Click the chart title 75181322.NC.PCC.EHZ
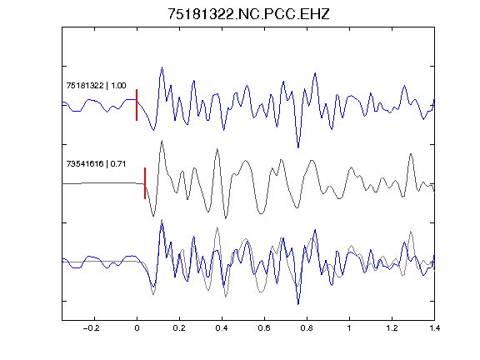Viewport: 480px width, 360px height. pyautogui.click(x=248, y=14)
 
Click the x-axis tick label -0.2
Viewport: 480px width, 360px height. pyautogui.click(x=91, y=328)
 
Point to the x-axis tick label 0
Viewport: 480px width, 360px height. pyautogui.click(x=137, y=328)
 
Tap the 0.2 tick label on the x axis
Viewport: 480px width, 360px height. pyautogui.click(x=179, y=328)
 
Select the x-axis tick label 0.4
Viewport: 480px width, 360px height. pyautogui.click(x=222, y=328)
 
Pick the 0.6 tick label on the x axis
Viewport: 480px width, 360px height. pyautogui.click(x=264, y=328)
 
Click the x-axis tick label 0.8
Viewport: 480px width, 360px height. pyautogui.click(x=307, y=328)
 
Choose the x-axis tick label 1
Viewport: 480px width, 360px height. pyautogui.click(x=349, y=328)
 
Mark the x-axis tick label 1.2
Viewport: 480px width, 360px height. pyautogui.click(x=392, y=328)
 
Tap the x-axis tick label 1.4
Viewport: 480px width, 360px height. pyautogui.click(x=434, y=328)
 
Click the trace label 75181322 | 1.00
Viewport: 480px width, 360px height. pyautogui.click(x=96, y=85)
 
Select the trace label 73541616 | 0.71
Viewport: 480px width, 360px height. pyautogui.click(x=96, y=164)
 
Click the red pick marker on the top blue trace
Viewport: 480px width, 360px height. pyautogui.click(x=137, y=105)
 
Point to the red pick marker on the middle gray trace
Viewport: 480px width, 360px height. pyautogui.click(x=145, y=183)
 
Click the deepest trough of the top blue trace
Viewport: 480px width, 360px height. pyautogui.click(x=298, y=147)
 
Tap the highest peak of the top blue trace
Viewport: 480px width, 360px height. pyautogui.click(x=162, y=67)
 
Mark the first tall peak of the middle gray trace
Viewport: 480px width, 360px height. pyautogui.click(x=162, y=141)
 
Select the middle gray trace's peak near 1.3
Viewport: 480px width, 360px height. pyautogui.click(x=411, y=154)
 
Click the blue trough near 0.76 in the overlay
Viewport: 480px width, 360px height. pyautogui.click(x=298, y=304)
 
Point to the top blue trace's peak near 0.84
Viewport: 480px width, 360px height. pyautogui.click(x=315, y=73)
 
